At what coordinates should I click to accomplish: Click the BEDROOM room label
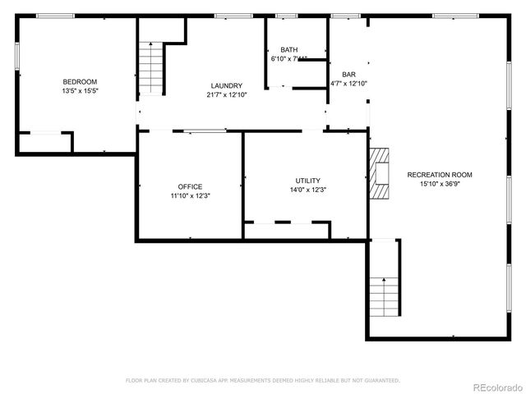pos(80,81)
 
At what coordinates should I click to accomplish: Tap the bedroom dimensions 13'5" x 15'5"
pos(80,91)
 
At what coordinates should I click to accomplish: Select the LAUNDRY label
pos(226,85)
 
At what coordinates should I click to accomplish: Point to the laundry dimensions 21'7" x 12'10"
pos(226,95)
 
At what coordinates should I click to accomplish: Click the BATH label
pos(289,50)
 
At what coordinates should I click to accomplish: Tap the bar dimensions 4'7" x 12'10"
pos(348,83)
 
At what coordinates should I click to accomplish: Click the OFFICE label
pos(190,186)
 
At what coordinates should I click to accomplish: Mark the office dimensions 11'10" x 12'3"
pos(190,196)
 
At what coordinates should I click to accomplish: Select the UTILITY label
pos(308,181)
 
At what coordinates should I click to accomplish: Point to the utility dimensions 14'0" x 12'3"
pos(308,190)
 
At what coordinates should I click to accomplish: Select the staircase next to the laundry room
pos(152,68)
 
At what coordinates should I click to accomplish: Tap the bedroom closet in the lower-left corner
pos(44,143)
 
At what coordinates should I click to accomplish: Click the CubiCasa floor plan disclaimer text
pos(262,380)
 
